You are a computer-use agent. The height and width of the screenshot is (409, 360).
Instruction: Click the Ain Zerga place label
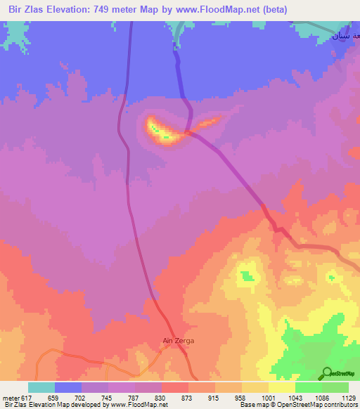click(x=178, y=341)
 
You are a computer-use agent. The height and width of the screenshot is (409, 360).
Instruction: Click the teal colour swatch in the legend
click(x=41, y=387)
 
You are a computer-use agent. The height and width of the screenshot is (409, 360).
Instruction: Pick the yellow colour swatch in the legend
click(x=281, y=387)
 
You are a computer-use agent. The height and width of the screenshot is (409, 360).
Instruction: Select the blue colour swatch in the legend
click(x=68, y=387)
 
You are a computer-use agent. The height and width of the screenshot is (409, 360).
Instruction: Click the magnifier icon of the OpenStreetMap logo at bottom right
click(x=327, y=373)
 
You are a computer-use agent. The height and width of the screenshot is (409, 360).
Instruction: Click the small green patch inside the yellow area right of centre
click(x=247, y=275)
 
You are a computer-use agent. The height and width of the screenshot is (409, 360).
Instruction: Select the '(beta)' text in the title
click(x=272, y=10)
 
